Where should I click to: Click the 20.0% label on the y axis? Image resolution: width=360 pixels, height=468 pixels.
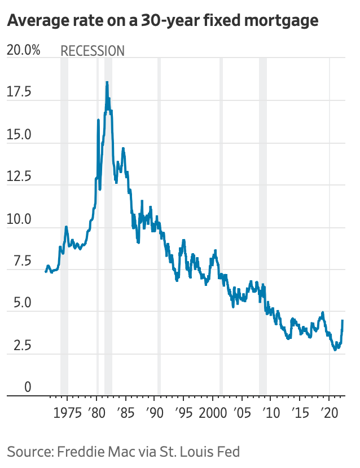point(23,50)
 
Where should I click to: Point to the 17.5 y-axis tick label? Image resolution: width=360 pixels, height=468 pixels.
point(20,92)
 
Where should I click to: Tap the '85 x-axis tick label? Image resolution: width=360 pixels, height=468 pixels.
point(126,409)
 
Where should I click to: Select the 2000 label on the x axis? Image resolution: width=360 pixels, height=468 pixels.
point(213,409)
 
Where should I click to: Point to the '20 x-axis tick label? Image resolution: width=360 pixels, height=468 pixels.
point(328,409)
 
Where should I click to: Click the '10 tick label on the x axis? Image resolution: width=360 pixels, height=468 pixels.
point(270,409)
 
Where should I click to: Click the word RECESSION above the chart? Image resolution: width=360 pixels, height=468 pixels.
point(93,51)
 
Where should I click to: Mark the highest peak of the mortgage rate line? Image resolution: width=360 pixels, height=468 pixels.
point(107,82)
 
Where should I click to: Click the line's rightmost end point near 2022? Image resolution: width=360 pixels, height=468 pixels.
point(343,320)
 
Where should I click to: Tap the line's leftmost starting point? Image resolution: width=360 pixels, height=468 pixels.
point(46,272)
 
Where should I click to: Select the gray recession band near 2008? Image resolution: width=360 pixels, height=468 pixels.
point(262,226)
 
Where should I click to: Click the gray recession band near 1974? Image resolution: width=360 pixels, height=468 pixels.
point(64,226)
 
